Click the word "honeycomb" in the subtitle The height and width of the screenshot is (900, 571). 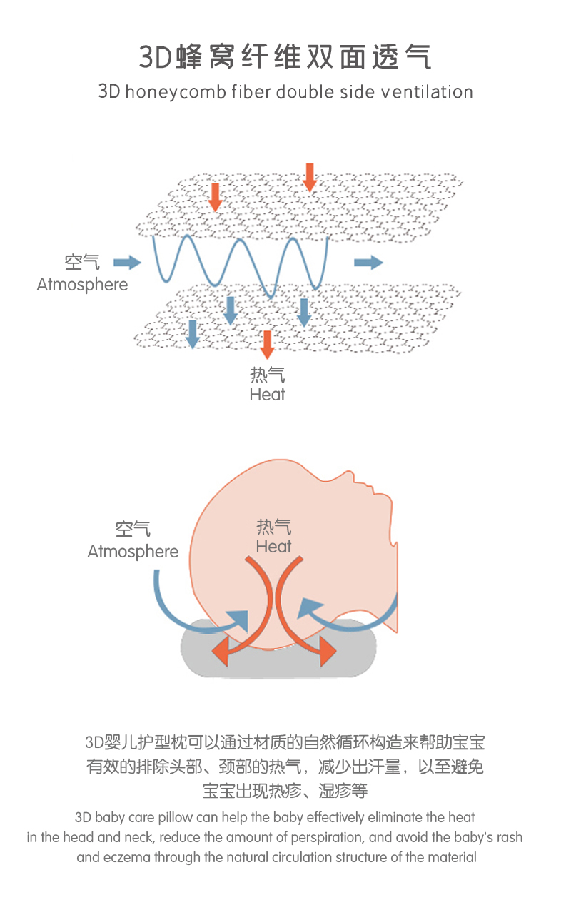click(176, 93)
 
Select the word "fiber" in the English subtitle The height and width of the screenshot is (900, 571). click(251, 92)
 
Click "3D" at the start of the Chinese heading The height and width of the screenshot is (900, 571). click(156, 57)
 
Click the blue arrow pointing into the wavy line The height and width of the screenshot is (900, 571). click(127, 263)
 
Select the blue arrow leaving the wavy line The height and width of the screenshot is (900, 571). click(368, 263)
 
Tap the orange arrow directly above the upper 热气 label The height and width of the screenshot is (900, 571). click(267, 344)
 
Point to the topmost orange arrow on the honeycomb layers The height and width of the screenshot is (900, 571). click(309, 177)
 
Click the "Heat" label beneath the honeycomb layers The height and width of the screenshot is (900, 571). click(267, 395)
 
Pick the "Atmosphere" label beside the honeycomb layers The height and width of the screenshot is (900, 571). click(82, 285)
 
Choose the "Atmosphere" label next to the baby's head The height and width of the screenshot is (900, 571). click(133, 552)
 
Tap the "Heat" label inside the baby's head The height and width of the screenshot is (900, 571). click(273, 547)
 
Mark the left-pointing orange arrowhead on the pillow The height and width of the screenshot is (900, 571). click(221, 652)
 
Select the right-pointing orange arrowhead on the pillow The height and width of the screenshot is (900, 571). click(328, 652)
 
